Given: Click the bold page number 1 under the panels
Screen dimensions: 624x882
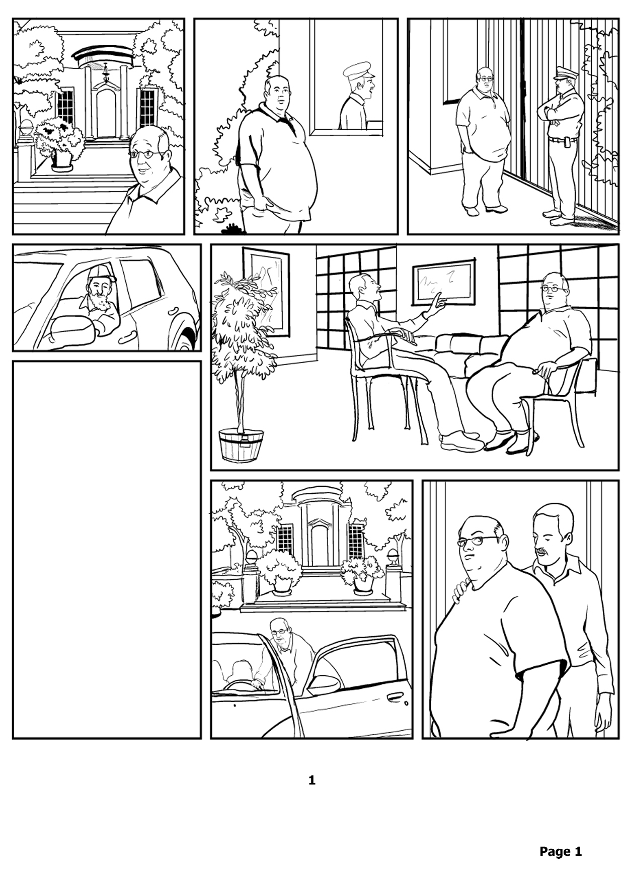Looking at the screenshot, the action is pyautogui.click(x=312, y=780).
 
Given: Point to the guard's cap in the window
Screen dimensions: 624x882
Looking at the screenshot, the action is pyautogui.click(x=359, y=69).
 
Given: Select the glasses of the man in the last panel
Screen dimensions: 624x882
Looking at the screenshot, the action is pyautogui.click(x=477, y=541).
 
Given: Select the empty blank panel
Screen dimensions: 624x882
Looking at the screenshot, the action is pyautogui.click(x=107, y=550).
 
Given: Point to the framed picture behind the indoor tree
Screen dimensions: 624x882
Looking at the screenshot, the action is pyautogui.click(x=266, y=292).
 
